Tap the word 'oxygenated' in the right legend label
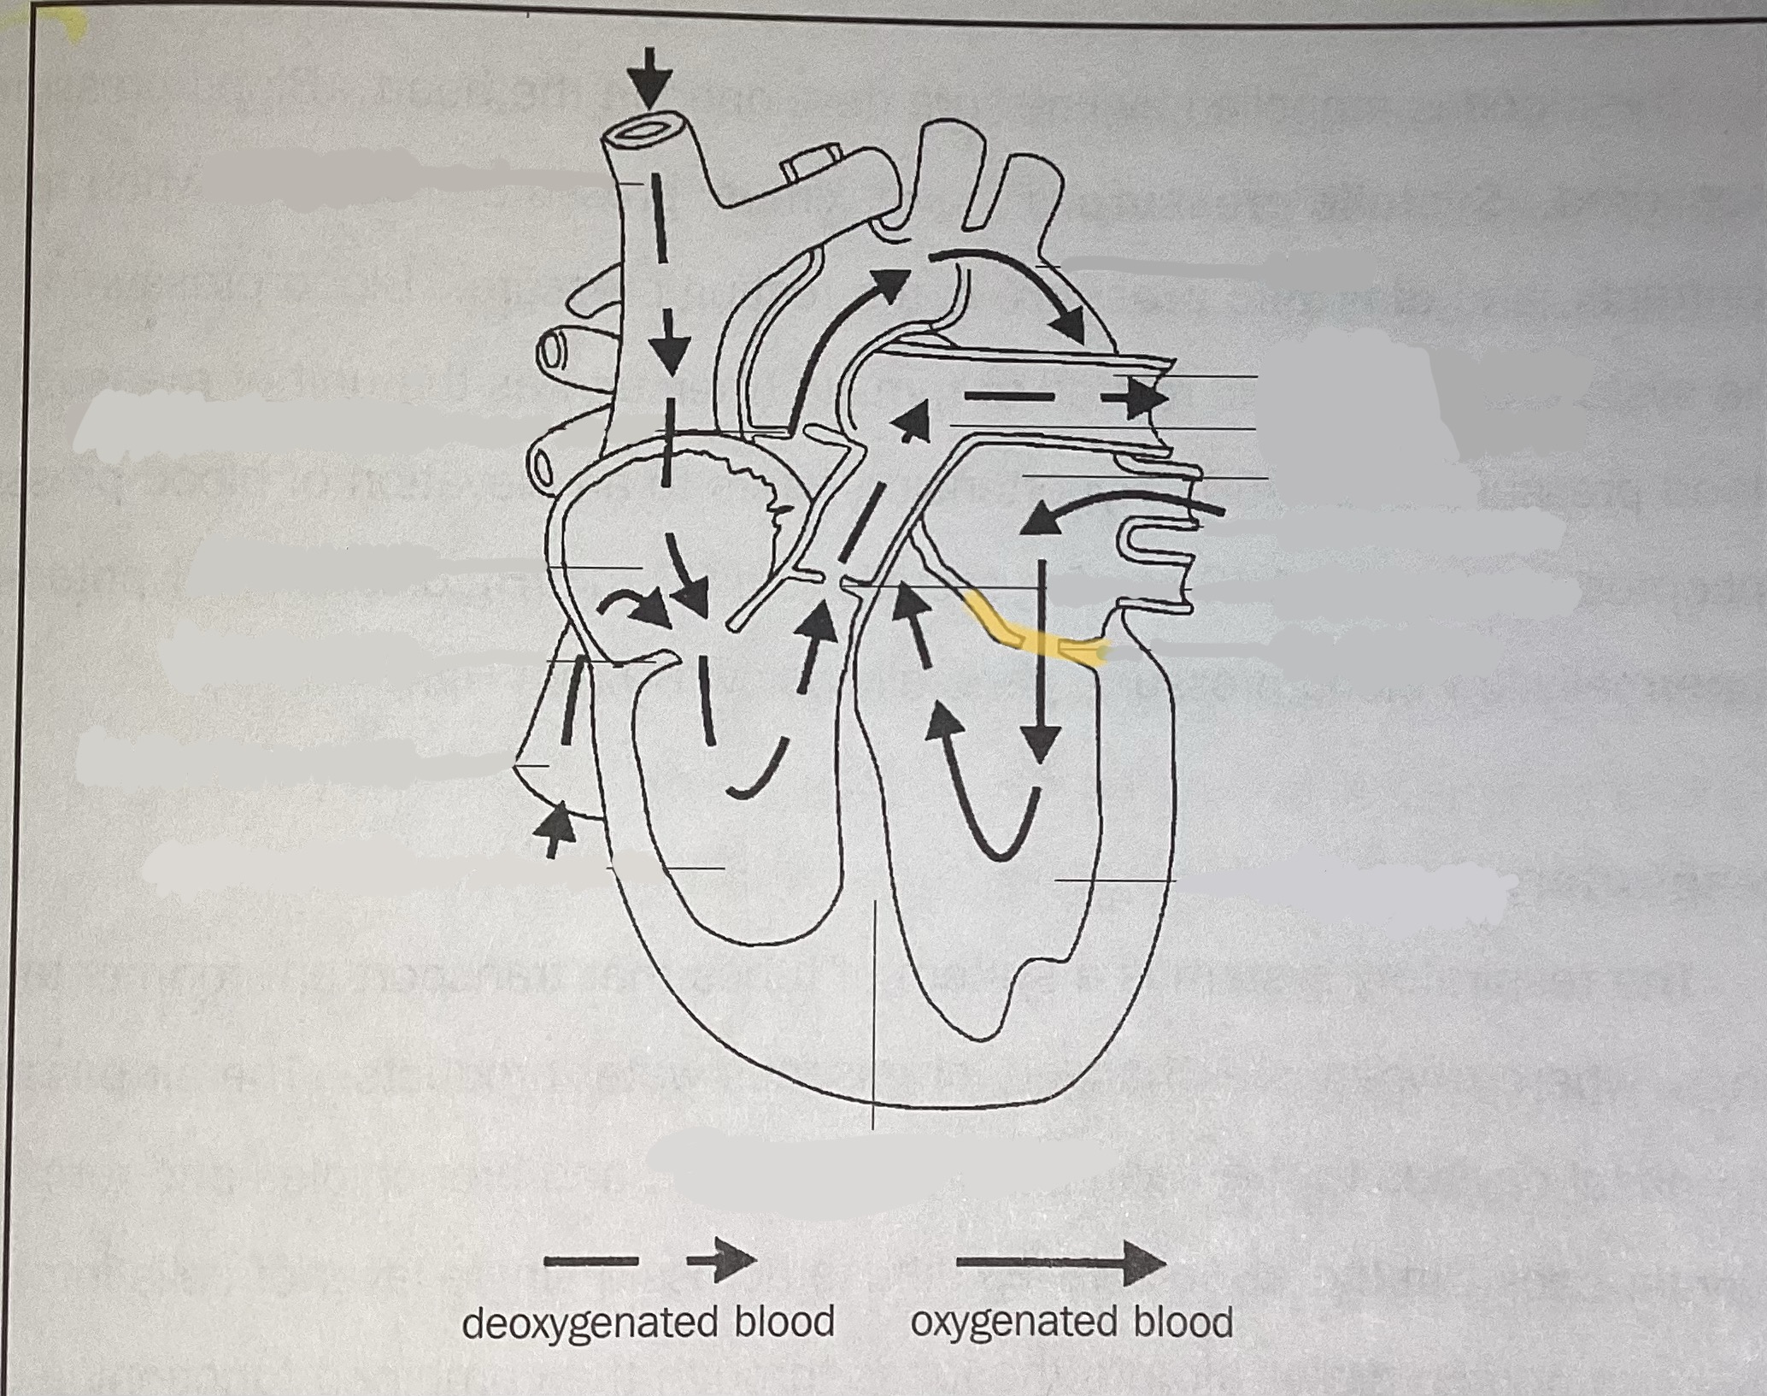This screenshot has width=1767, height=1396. (x=1013, y=1322)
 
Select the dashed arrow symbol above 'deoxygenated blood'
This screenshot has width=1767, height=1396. (x=649, y=1261)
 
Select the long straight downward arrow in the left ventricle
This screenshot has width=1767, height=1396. (x=1041, y=658)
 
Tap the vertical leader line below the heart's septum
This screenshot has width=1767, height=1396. (x=873, y=1009)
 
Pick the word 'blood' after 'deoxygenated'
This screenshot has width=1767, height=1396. (x=783, y=1322)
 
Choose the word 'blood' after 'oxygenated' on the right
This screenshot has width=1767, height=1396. (x=1183, y=1322)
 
